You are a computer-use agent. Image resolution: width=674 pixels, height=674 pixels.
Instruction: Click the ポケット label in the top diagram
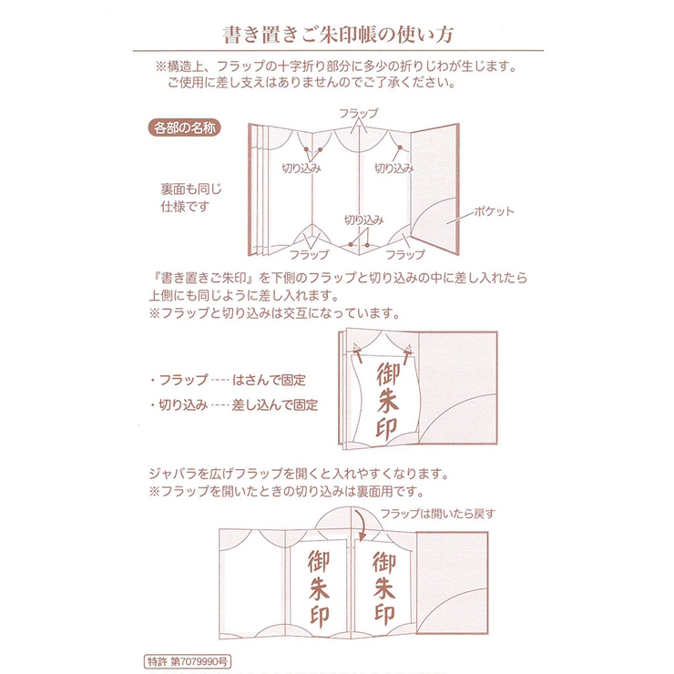pyautogui.click(x=493, y=211)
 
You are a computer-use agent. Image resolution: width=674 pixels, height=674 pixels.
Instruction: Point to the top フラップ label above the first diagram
pyautogui.click(x=357, y=113)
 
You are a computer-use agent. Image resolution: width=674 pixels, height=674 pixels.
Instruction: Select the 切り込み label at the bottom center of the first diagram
pyautogui.click(x=363, y=220)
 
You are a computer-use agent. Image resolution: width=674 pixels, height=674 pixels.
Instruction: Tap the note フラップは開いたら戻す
pyautogui.click(x=437, y=513)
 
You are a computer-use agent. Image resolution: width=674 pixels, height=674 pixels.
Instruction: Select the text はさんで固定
pyautogui.click(x=269, y=379)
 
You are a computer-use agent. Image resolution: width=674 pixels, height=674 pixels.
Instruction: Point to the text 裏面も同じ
pyautogui.click(x=191, y=189)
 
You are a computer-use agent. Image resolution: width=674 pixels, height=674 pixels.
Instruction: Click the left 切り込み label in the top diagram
pyautogui.click(x=301, y=168)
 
